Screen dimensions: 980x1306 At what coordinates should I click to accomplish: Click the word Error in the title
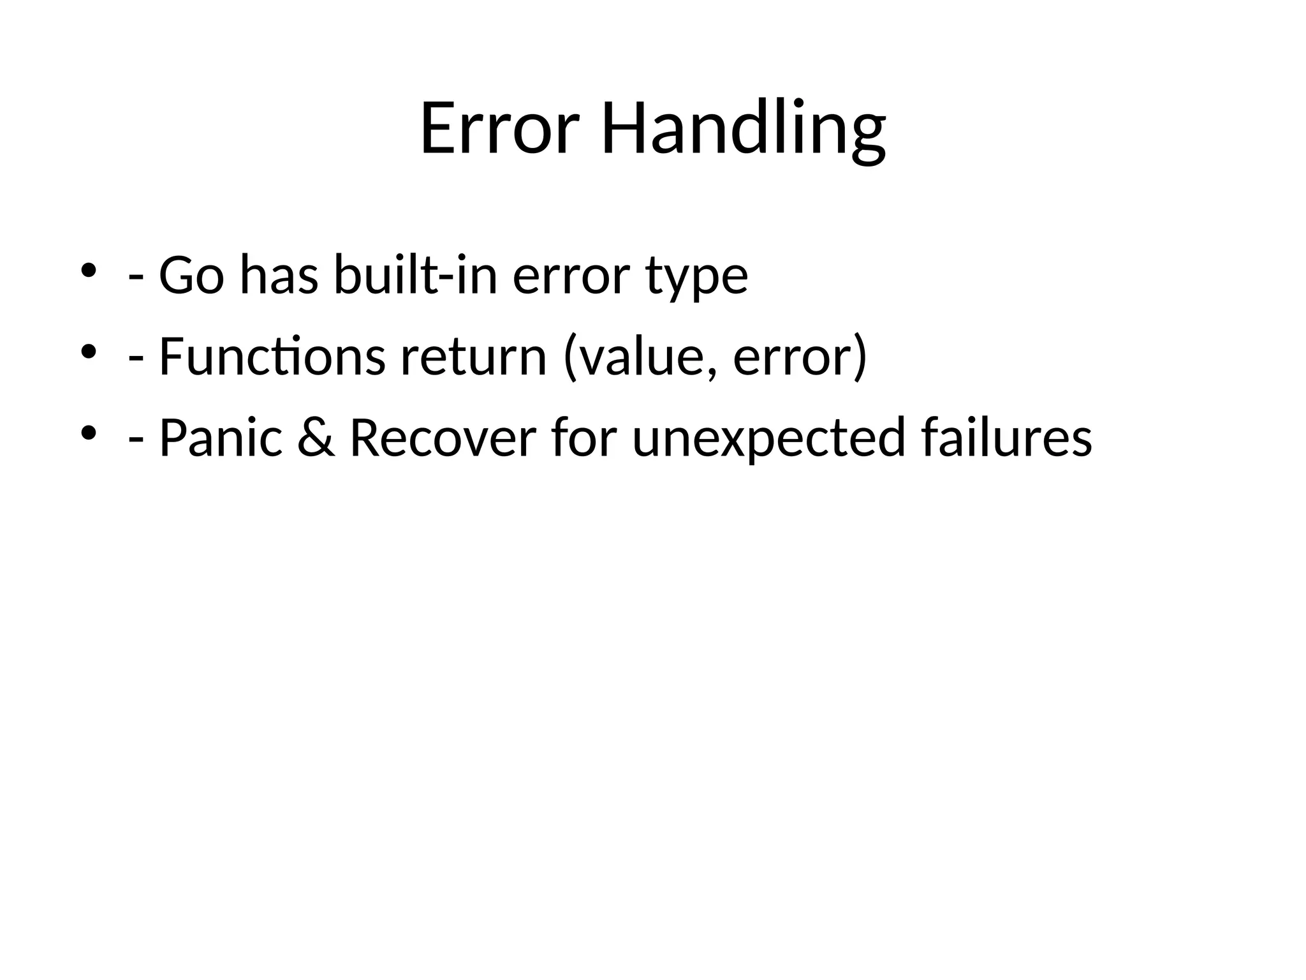(499, 130)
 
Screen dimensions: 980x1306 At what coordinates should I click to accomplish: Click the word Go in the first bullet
(191, 276)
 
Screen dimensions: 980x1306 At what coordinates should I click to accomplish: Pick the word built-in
(415, 276)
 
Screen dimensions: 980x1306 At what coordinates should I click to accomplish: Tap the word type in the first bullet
(696, 279)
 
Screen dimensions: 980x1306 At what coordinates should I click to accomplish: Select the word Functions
(272, 357)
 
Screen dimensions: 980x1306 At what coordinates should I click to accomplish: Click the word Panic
(221, 439)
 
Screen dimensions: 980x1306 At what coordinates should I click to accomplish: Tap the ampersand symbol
(316, 439)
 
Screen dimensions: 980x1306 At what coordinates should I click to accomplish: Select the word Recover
(443, 439)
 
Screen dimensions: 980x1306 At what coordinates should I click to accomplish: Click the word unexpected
(768, 440)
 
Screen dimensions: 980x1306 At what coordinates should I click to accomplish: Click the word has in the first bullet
(279, 276)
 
